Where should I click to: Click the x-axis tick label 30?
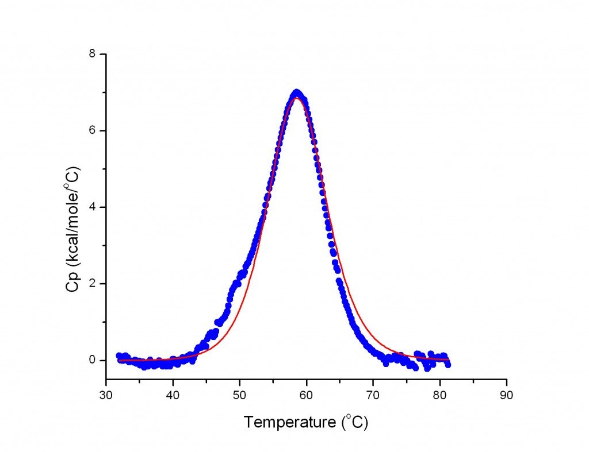tap(106, 396)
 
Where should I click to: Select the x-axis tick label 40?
tap(173, 396)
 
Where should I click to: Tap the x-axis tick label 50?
tap(240, 396)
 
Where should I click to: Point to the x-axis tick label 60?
tap(307, 396)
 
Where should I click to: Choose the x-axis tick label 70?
tap(373, 396)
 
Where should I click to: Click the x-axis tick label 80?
tap(440, 396)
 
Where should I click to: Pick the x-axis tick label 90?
tap(507, 396)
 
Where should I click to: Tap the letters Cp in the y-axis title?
tap(74, 284)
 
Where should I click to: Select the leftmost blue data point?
tap(119, 356)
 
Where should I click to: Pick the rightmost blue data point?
tap(448, 364)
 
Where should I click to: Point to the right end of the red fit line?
tap(448, 360)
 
